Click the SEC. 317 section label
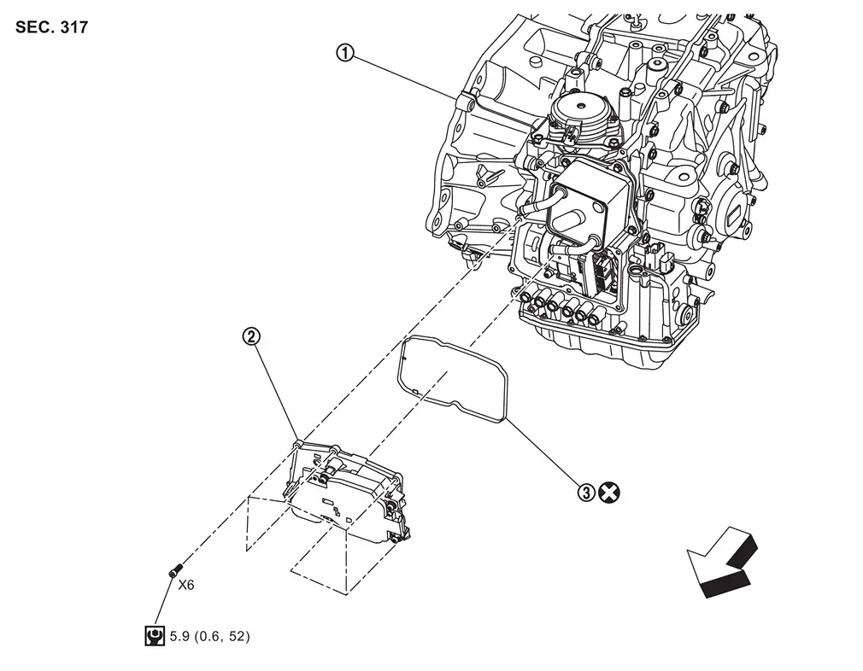pos(51,26)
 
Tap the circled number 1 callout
pos(343,53)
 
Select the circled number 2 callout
pos(250,336)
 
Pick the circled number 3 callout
pos(585,492)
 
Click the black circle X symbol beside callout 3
pos(608,492)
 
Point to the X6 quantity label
pos(185,585)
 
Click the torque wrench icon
pos(155,636)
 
